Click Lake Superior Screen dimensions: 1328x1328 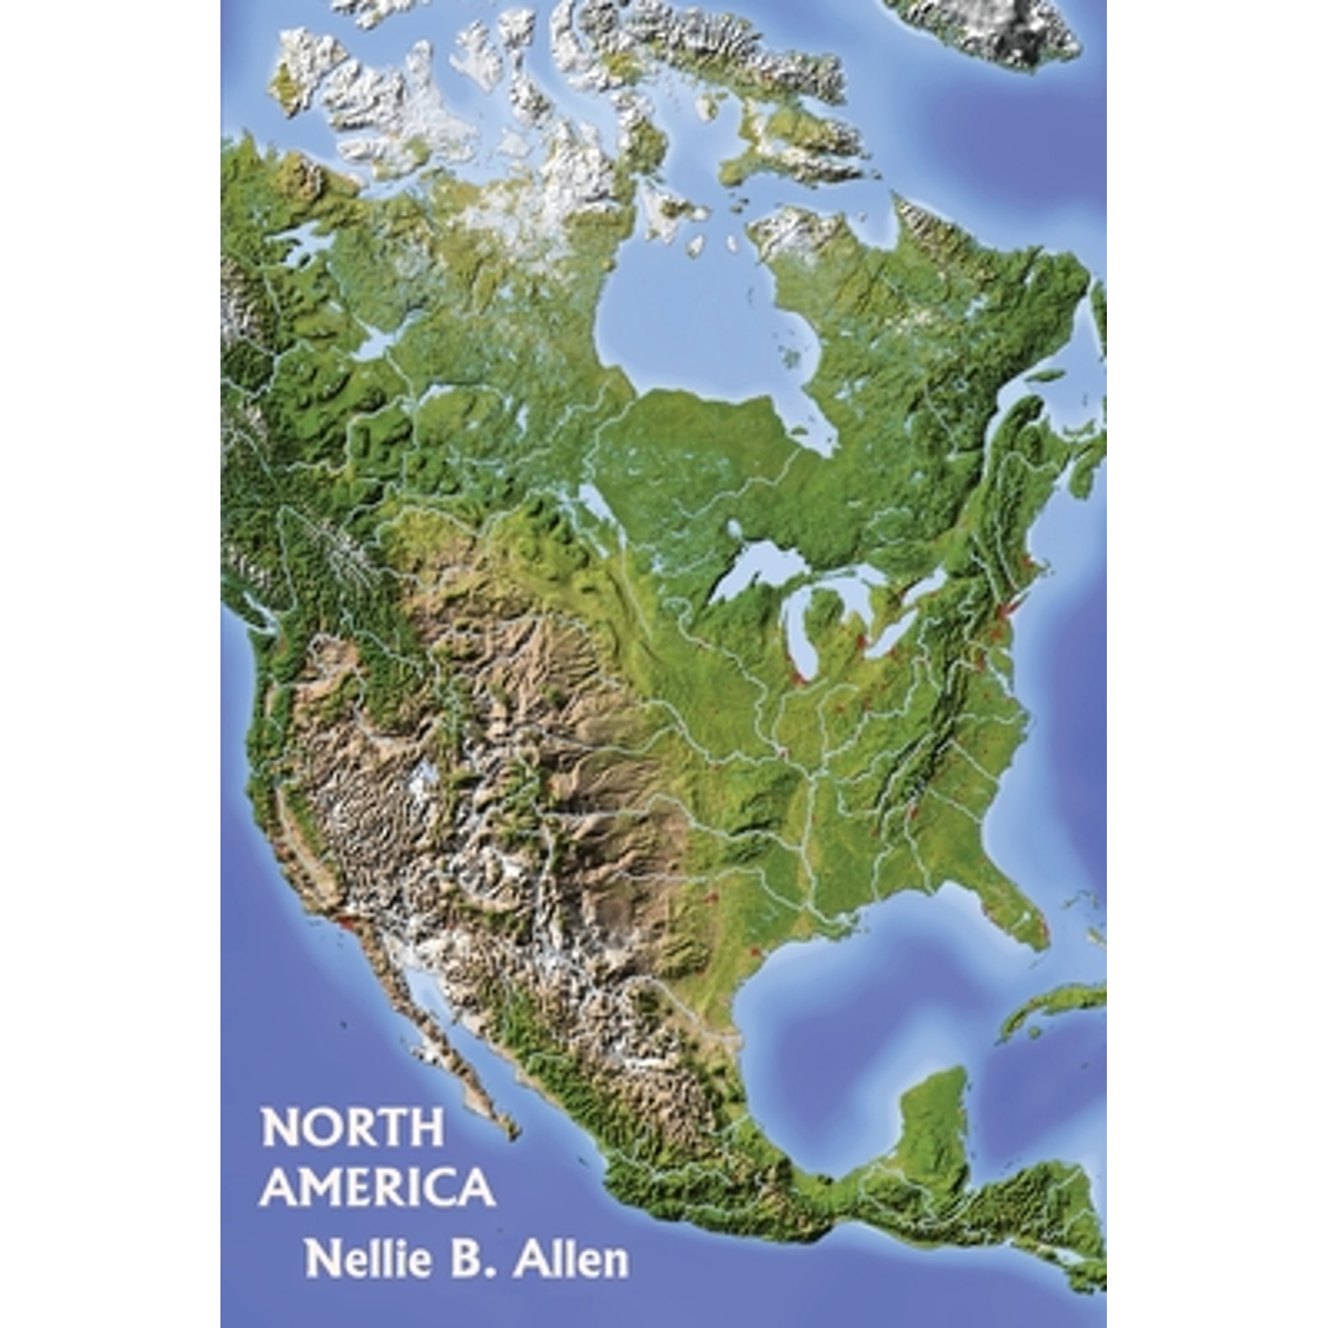(756, 574)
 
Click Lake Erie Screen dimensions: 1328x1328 (894, 632)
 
